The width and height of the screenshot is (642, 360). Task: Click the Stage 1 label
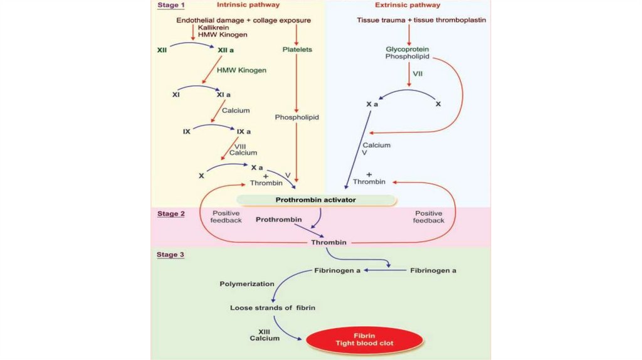171,6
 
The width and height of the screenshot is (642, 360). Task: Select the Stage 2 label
171,214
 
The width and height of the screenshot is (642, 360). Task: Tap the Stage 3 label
171,255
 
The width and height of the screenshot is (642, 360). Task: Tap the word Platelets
297,49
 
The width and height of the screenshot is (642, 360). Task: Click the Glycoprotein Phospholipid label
408,53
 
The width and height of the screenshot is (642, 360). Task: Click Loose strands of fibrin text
272,308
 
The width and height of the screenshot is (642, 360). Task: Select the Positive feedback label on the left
226,216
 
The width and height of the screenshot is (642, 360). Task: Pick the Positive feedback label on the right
429,216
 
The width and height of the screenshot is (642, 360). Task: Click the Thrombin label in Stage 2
329,242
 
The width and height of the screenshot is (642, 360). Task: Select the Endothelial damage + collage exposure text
243,20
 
